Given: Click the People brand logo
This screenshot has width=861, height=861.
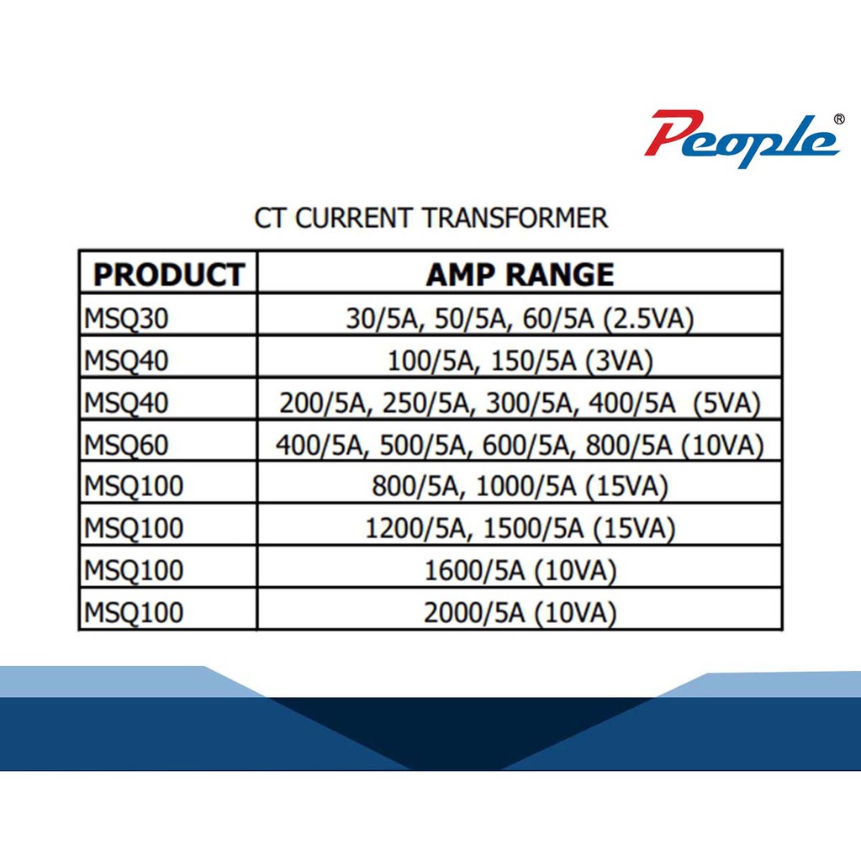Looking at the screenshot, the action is pos(742,140).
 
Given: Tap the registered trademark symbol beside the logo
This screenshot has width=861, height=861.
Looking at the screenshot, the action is pos(839,119).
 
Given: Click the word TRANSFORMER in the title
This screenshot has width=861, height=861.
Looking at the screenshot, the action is pos(515,218).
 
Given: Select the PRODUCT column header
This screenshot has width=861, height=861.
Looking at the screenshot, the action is pos(168,275).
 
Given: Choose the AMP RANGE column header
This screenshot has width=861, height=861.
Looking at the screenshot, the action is pos(520,275).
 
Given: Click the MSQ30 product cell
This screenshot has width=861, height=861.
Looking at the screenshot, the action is pos(126,319).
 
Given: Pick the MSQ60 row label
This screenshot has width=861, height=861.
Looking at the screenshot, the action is pos(126,445).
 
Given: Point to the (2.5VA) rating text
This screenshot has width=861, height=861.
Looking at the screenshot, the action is pos(648,319).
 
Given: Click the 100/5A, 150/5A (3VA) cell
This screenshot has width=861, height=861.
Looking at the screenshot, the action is pos(520,362).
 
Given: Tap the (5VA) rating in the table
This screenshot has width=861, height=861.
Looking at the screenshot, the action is pos(726,404).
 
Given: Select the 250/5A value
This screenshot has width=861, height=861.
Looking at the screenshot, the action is pos(426,404).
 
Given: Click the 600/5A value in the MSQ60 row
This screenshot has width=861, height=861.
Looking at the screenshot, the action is pos(527,445).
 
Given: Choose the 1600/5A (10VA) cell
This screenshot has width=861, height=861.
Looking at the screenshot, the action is pos(520,571).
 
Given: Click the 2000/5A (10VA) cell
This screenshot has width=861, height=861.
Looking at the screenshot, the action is pos(520,613).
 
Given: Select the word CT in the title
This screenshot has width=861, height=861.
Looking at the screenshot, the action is pos(270,218).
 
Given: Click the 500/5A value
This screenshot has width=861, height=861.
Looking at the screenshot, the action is pos(424,445).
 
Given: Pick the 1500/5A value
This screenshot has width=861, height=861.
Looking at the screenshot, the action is pos(533,529).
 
